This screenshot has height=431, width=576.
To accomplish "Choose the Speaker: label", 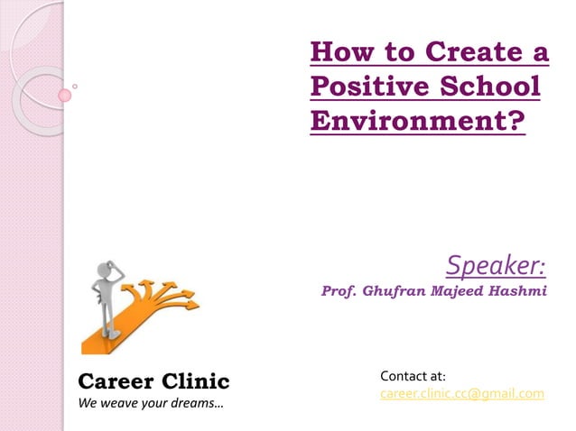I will tap(496, 265).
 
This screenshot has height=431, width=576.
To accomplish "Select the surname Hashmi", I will tap(517, 292).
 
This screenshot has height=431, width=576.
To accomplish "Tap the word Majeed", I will tap(457, 292).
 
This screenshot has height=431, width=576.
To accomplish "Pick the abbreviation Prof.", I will tap(339, 292).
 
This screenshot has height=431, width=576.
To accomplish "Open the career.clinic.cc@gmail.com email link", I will tap(462, 393).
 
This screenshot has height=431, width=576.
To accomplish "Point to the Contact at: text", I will tap(413, 375).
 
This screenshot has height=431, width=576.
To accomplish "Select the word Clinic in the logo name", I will tap(194, 381).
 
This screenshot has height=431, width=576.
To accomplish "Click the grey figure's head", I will tap(101, 268).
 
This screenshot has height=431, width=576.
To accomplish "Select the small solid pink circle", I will tap(65, 95).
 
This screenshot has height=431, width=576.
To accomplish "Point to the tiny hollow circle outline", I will tap(74, 87).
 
